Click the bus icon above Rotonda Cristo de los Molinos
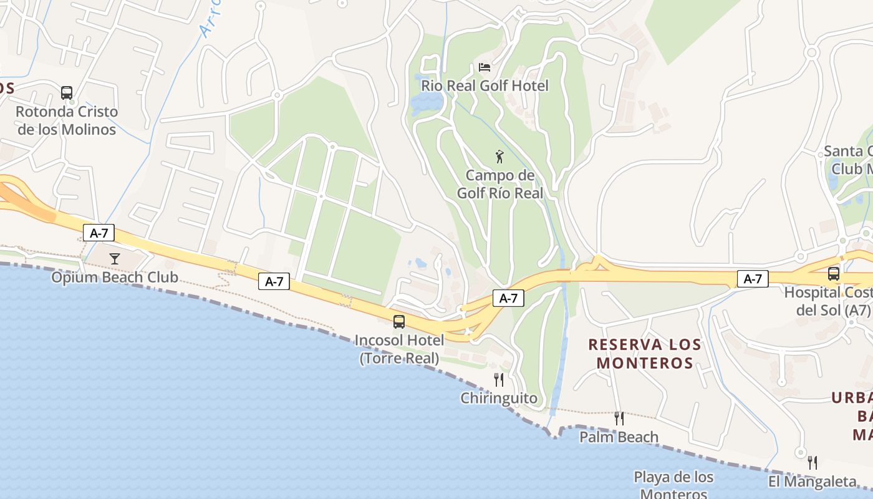[x=67, y=93]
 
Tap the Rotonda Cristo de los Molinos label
[x=67, y=120]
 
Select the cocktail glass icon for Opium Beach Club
[x=114, y=258]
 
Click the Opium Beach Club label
[x=115, y=278]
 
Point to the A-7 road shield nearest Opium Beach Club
[x=99, y=233]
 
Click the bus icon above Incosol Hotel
[x=399, y=322]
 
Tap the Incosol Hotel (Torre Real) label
[x=399, y=349]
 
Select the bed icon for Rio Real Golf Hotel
[x=485, y=67]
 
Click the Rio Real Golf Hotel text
[x=485, y=85]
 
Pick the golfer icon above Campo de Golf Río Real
[x=499, y=157]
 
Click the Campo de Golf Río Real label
[x=500, y=184]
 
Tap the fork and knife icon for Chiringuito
[x=499, y=379]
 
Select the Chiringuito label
[x=499, y=398]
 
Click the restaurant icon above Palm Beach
[x=619, y=418]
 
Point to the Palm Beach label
[x=619, y=437]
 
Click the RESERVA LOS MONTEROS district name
[x=645, y=354]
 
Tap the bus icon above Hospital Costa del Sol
[x=834, y=273]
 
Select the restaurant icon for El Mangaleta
[x=813, y=462]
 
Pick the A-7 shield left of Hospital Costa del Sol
[x=753, y=279]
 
